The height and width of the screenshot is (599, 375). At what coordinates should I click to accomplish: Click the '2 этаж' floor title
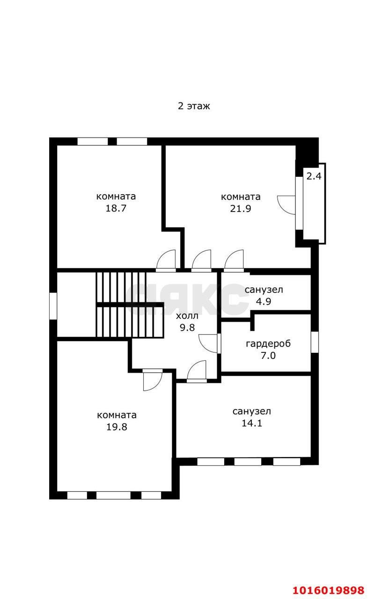194,106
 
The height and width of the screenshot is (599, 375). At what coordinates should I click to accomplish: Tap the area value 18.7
116,208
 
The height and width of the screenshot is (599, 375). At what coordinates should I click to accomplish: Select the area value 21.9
241,208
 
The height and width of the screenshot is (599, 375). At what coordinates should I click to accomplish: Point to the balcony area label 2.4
314,176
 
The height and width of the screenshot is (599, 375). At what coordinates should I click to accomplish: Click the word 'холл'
187,316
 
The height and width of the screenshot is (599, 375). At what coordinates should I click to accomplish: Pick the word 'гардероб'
268,344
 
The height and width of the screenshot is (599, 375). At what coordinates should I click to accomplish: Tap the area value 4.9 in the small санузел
264,301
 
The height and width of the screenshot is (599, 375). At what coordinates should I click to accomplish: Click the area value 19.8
117,427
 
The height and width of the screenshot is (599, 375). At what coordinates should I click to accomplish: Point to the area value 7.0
268,356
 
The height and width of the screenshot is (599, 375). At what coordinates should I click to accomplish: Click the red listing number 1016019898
329,590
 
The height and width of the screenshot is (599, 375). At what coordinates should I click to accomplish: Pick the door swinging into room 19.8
153,381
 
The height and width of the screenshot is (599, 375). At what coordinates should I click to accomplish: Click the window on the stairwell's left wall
53,306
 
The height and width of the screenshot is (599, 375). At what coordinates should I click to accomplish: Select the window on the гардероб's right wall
315,342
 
